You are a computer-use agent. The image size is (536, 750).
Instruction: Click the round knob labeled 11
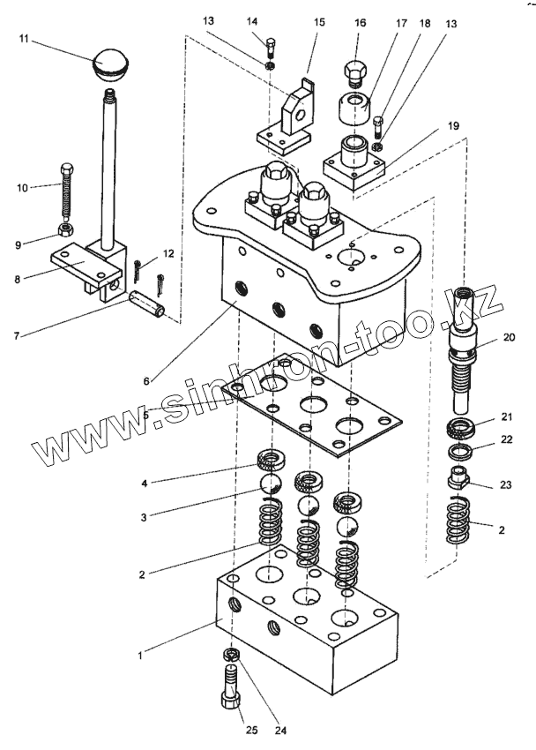(109, 63)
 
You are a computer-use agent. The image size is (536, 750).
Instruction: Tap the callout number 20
(510, 337)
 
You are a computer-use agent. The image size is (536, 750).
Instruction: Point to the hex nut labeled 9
(64, 229)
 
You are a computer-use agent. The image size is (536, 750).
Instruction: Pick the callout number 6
(146, 381)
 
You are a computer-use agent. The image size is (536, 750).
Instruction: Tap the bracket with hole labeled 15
(287, 120)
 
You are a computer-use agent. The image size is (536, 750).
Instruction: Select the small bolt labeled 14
(271, 46)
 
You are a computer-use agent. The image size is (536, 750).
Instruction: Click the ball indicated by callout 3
(270, 484)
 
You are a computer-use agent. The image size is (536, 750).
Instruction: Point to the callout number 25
(251, 731)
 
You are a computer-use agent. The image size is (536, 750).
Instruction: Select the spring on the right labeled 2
(458, 521)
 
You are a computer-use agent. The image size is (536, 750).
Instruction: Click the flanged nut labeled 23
(458, 477)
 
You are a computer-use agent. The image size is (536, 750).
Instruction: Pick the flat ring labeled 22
(460, 450)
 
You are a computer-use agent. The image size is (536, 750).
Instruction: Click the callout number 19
(453, 125)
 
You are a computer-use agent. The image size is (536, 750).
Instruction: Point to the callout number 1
(140, 656)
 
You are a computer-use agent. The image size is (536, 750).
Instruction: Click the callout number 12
(168, 253)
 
